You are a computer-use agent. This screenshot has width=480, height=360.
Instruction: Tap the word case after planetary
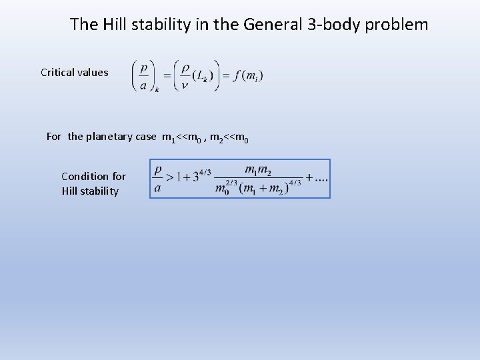pos(147,137)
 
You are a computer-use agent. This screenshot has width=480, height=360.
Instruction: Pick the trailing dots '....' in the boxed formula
pos(317,179)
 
